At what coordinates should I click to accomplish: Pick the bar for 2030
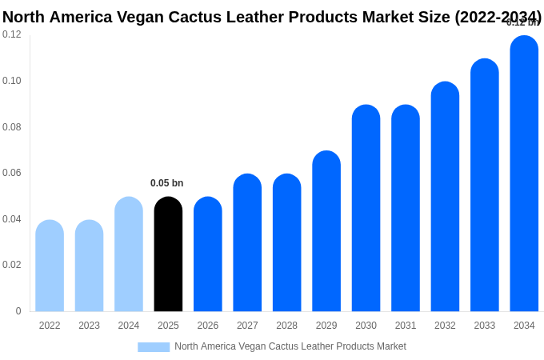(x=366, y=208)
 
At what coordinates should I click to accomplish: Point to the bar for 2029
(x=326, y=231)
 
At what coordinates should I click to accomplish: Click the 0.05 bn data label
(x=166, y=183)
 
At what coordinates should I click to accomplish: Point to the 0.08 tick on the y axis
(x=12, y=127)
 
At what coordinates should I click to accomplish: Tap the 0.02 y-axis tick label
(x=12, y=265)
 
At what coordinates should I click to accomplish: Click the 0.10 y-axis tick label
(x=12, y=81)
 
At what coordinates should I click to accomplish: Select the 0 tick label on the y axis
(x=18, y=311)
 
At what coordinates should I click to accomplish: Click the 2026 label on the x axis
(x=208, y=326)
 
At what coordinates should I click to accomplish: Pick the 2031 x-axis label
(x=406, y=326)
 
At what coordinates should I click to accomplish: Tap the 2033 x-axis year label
(x=485, y=326)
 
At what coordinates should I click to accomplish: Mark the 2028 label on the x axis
(x=286, y=326)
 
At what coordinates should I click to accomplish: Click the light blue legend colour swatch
(x=154, y=347)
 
